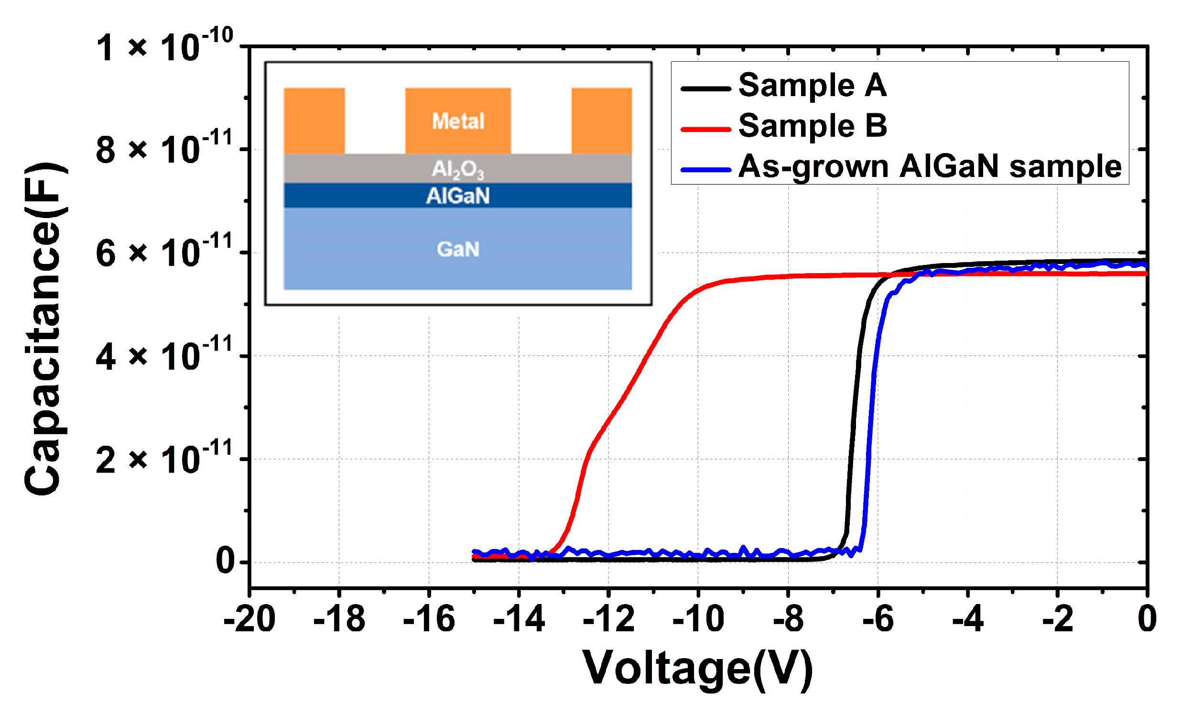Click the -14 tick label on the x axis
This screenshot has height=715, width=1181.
coord(519,619)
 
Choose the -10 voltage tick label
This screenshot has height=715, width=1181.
coord(698,619)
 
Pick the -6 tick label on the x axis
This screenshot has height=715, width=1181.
coord(878,619)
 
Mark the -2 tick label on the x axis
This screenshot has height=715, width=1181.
coord(1057,619)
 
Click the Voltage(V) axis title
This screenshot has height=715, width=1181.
coord(698,670)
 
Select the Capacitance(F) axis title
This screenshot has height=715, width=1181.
coord(43,328)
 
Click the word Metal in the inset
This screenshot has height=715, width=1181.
coord(458,121)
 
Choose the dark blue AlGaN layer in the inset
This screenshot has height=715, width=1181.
coord(458,196)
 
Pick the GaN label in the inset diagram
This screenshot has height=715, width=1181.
coord(458,249)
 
